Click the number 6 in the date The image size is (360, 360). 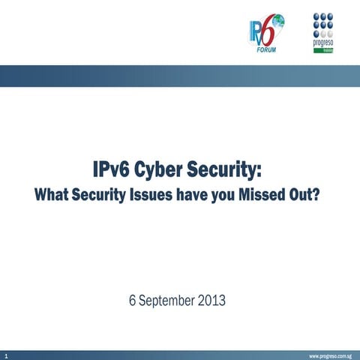tap(133, 301)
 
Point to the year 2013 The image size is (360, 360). tap(211, 301)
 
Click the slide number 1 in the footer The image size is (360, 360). tap(5, 354)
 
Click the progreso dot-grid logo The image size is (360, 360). tap(323, 25)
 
